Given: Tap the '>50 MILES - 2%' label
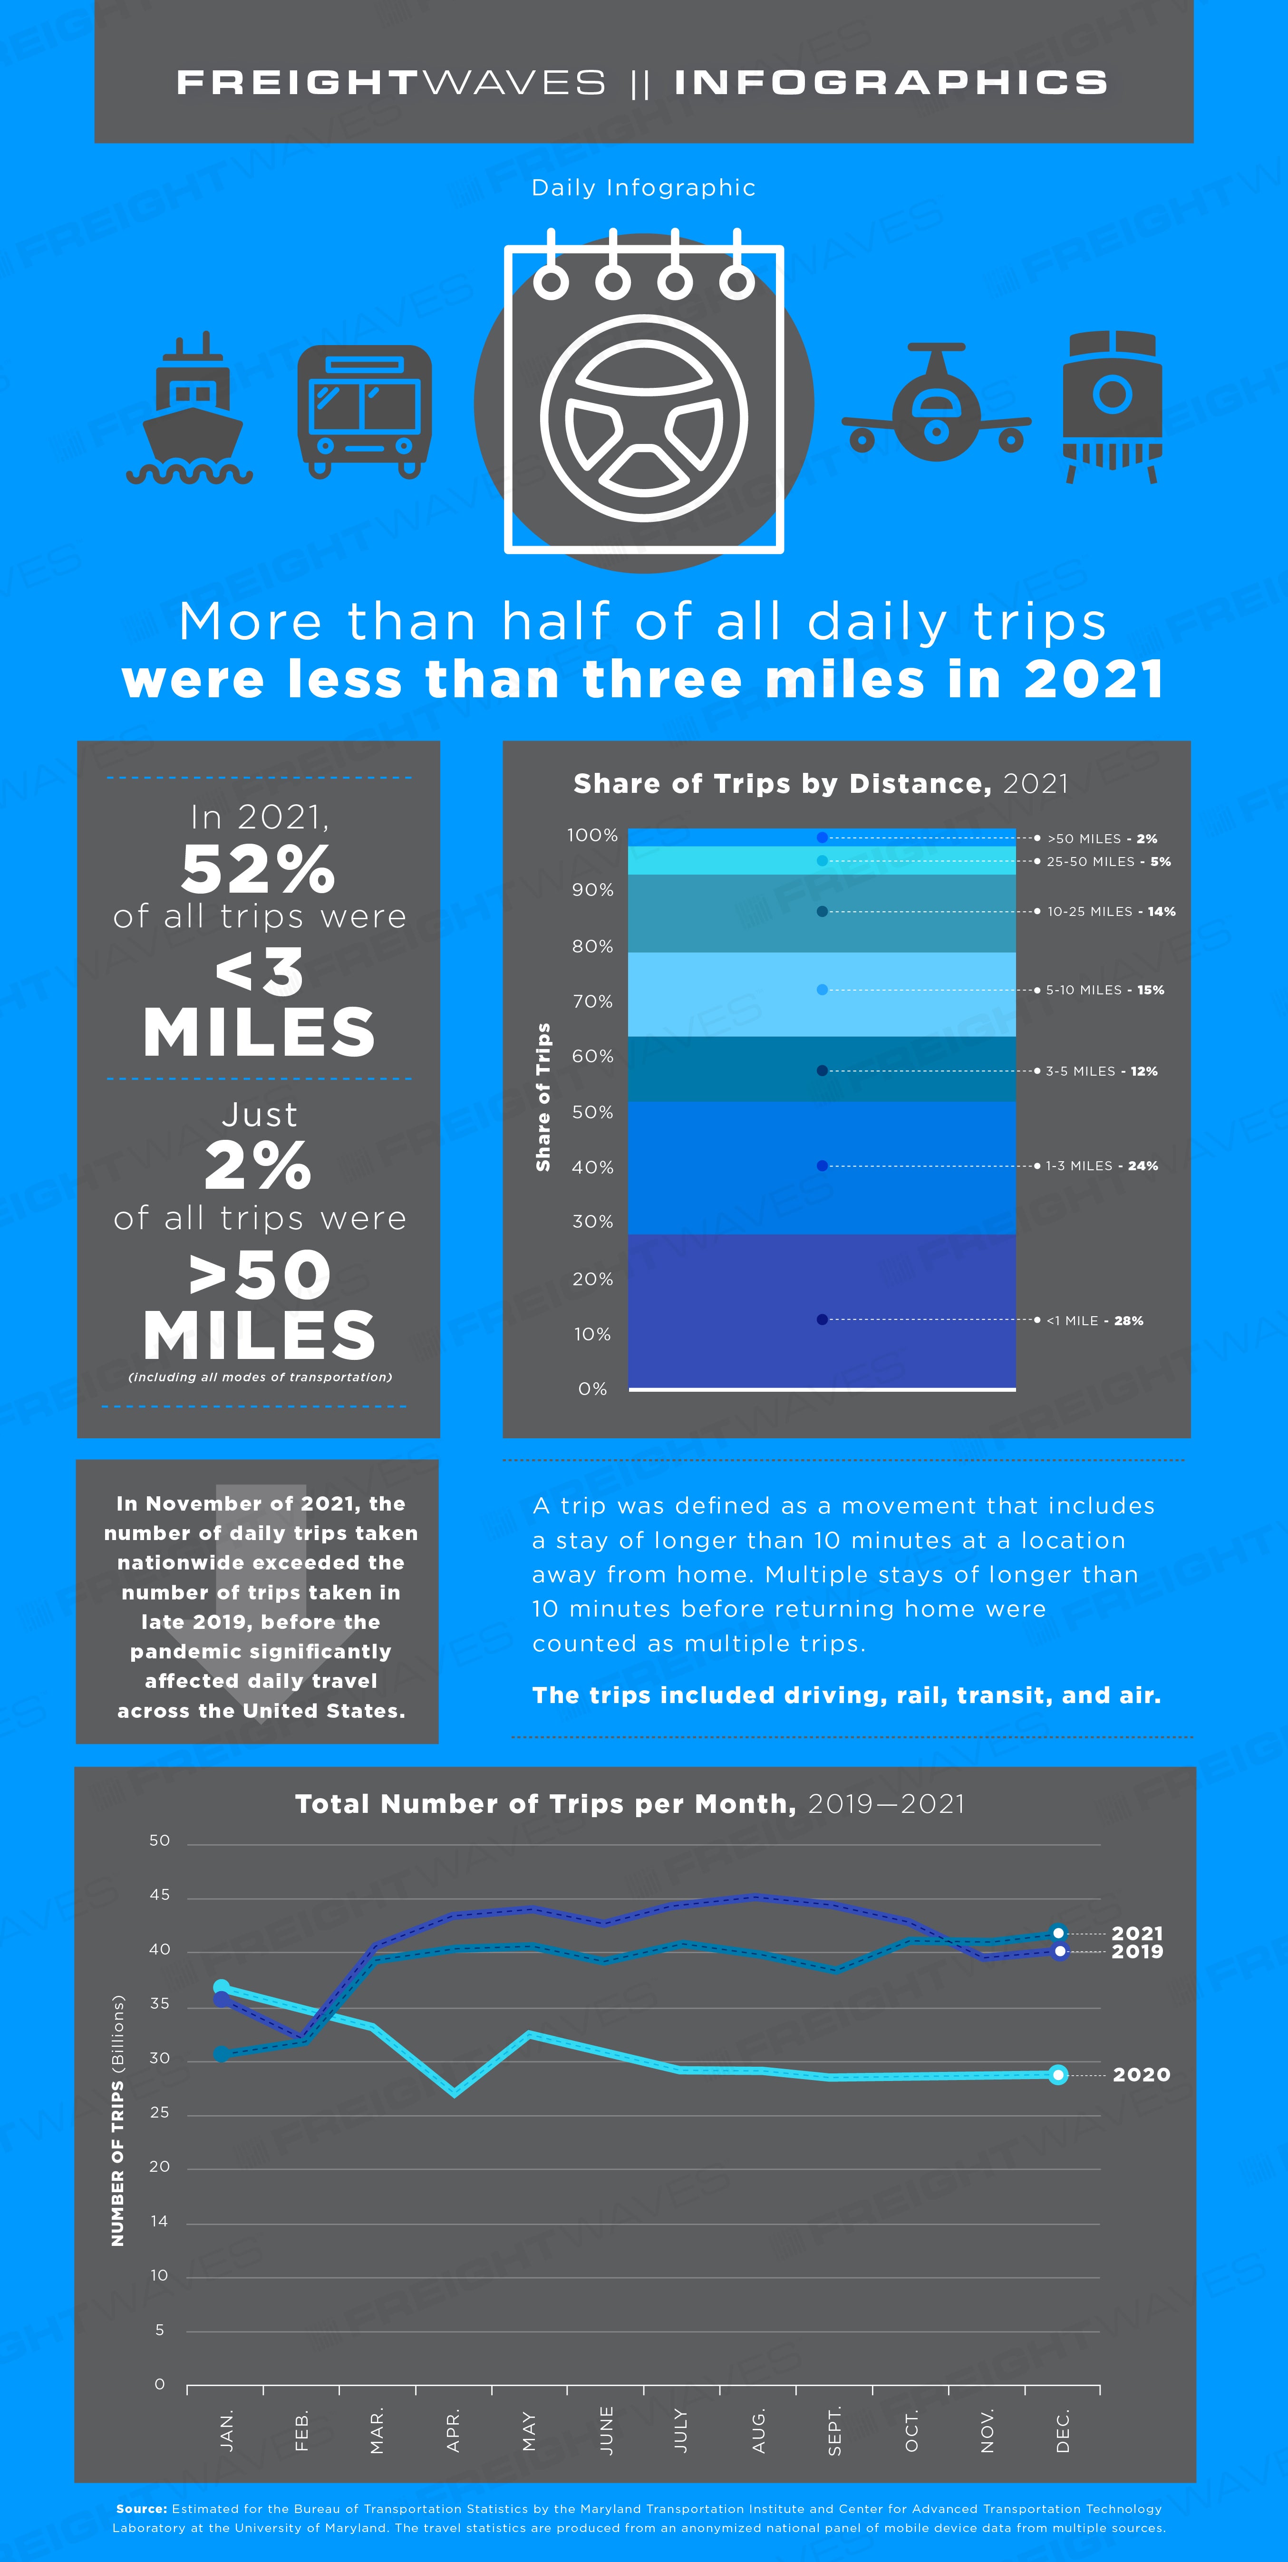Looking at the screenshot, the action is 1102,838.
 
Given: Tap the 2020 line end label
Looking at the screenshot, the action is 1141,2075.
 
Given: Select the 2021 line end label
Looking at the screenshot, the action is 1137,1934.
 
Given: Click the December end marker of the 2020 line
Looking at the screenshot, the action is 1058,2075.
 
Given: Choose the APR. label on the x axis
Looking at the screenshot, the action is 454,2431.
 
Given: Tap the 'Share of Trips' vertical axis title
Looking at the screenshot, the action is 543,1097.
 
